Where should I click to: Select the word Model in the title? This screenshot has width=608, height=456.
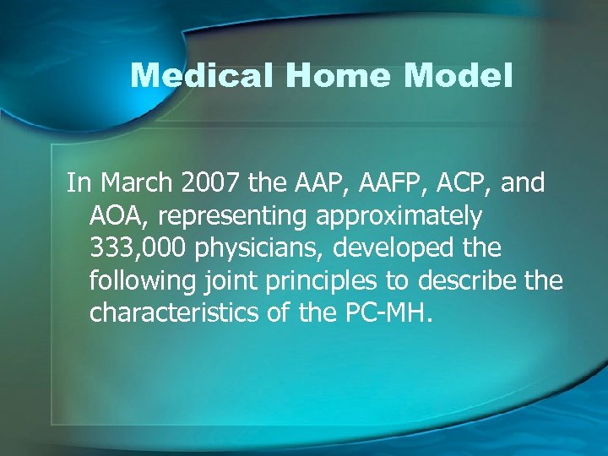pos(459,77)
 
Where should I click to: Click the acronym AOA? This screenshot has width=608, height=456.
pos(119,216)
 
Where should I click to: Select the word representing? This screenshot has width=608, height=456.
pos(233,217)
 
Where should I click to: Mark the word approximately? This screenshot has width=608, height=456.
pos(399,217)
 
